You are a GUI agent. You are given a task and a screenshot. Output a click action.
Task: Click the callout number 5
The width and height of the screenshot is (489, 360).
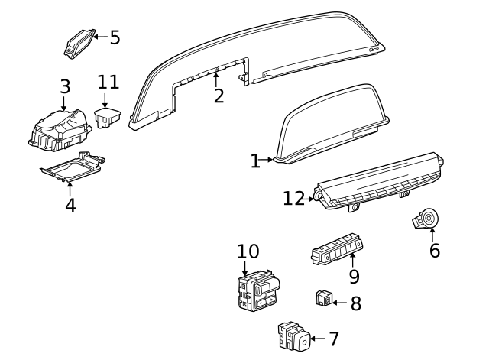(x=115, y=37)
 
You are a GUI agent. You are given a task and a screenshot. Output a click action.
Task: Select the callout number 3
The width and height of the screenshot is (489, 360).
(x=65, y=86)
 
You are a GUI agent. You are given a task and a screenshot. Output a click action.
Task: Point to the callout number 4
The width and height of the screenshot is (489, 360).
(x=70, y=205)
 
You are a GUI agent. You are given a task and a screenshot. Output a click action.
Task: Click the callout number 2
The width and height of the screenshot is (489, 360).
(x=219, y=96)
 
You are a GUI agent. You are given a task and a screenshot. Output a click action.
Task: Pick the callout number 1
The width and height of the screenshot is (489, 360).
(x=255, y=161)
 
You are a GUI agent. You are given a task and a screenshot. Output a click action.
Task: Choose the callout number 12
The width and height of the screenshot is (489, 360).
(x=293, y=199)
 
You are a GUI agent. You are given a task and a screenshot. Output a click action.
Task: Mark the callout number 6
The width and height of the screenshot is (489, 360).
(x=434, y=250)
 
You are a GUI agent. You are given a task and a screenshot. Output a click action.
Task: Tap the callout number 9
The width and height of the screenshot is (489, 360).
(x=354, y=277)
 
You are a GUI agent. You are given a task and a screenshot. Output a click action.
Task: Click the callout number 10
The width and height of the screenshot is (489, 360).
(x=248, y=251)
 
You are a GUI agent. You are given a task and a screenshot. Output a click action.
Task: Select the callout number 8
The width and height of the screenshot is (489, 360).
(x=355, y=303)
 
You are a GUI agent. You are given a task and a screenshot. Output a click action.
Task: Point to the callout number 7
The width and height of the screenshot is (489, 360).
(x=333, y=339)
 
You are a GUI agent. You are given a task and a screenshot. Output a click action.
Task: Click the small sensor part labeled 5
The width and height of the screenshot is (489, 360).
(x=78, y=43)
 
